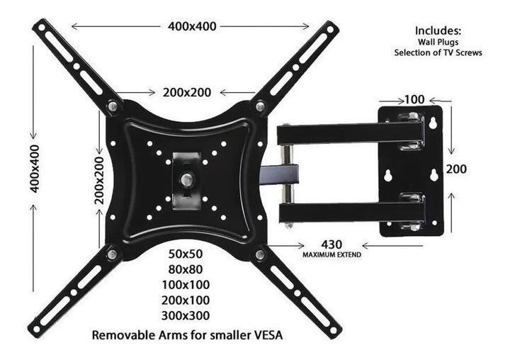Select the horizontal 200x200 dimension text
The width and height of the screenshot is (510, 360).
[187, 93]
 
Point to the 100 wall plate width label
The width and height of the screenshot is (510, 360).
[414, 99]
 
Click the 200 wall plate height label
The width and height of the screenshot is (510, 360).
[456, 170]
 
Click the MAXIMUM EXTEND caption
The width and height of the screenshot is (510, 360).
[332, 254]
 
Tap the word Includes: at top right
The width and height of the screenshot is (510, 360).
[438, 30]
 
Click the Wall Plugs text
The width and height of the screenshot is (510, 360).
[438, 42]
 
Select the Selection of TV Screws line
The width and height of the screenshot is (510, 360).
[438, 52]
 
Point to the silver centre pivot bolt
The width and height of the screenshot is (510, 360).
[187, 181]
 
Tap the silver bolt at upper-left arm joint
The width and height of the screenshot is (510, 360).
[113, 107]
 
